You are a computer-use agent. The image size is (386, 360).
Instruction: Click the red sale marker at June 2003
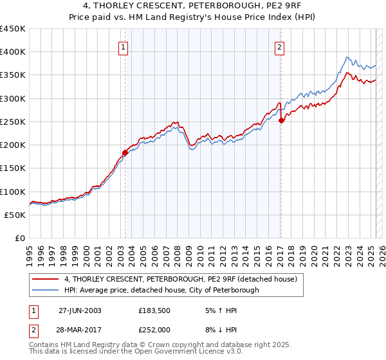tap(125, 152)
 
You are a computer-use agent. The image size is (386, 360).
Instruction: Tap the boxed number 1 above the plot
tap(122, 46)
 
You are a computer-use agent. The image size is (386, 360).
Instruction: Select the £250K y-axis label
tap(13, 122)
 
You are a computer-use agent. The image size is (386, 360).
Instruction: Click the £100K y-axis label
tap(13, 192)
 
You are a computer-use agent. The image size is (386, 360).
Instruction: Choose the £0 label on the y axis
tap(21, 238)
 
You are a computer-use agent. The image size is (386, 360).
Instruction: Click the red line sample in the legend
tap(46, 280)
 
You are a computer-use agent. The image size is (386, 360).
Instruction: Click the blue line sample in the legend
tap(46, 290)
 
